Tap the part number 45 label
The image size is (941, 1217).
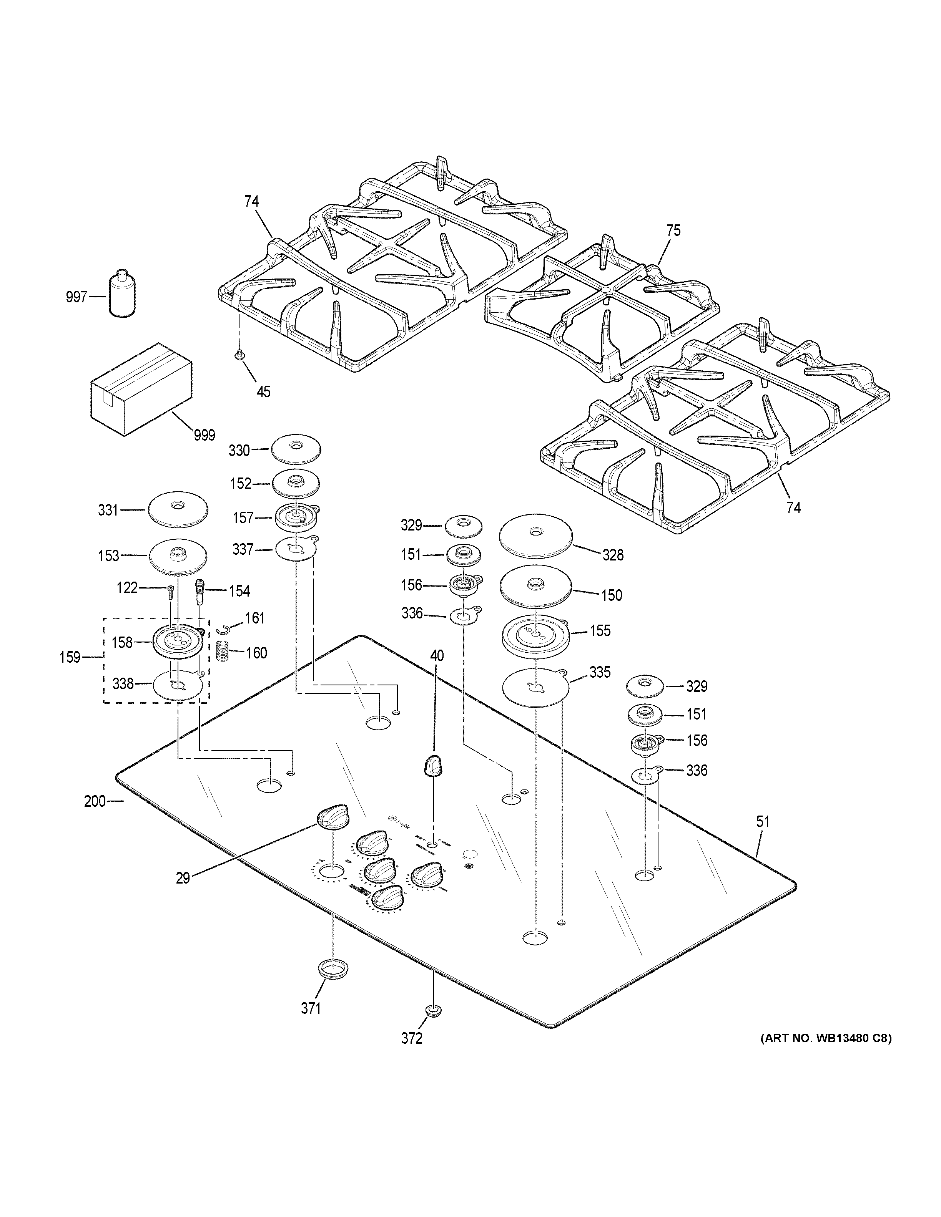pyautogui.click(x=263, y=392)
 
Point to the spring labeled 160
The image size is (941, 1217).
pyautogui.click(x=223, y=652)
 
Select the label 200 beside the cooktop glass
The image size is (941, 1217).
pyautogui.click(x=95, y=801)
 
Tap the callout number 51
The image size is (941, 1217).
pyautogui.click(x=763, y=821)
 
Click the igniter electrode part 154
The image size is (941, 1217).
pyautogui.click(x=200, y=591)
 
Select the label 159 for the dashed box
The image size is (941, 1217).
pyautogui.click(x=70, y=658)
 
